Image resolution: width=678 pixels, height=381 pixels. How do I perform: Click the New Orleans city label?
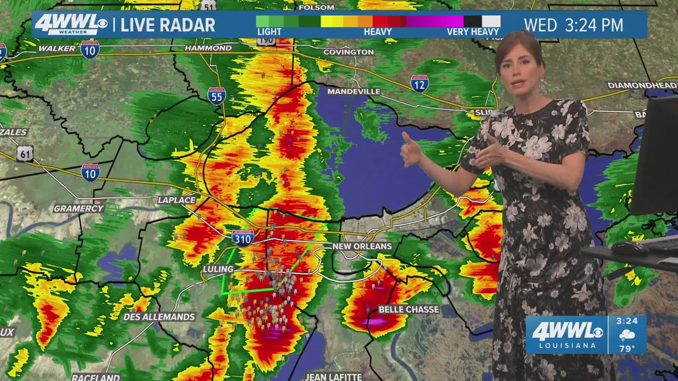pos(362,247)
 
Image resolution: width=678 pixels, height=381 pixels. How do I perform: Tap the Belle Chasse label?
pos(409,310)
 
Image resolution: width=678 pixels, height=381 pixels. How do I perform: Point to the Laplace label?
pos(176,200)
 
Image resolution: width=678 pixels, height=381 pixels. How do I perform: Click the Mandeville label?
pos(353,92)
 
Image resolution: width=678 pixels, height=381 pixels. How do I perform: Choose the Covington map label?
pos(348,52)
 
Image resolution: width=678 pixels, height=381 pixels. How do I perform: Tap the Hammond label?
pos(208,48)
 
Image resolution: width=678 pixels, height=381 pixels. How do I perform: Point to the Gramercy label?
pos(79,209)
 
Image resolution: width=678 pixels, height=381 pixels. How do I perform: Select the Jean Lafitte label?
pos(333,376)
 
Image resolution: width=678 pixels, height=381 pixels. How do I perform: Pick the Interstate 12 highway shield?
pos(419,84)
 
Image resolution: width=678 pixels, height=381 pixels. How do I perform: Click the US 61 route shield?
pos(26,154)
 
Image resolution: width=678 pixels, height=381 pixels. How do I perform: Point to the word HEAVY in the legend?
pos(378,32)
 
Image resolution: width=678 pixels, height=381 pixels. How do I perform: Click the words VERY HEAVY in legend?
pos(473,32)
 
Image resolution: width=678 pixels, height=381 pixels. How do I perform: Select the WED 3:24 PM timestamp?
pos(573,25)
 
